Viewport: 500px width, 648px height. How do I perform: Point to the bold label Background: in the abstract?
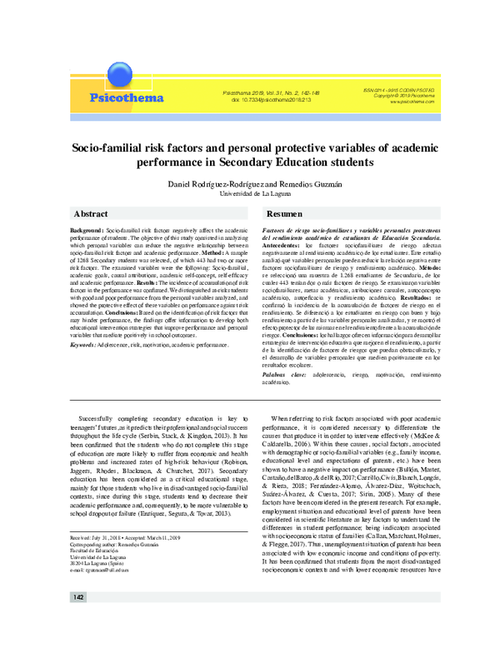87,227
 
